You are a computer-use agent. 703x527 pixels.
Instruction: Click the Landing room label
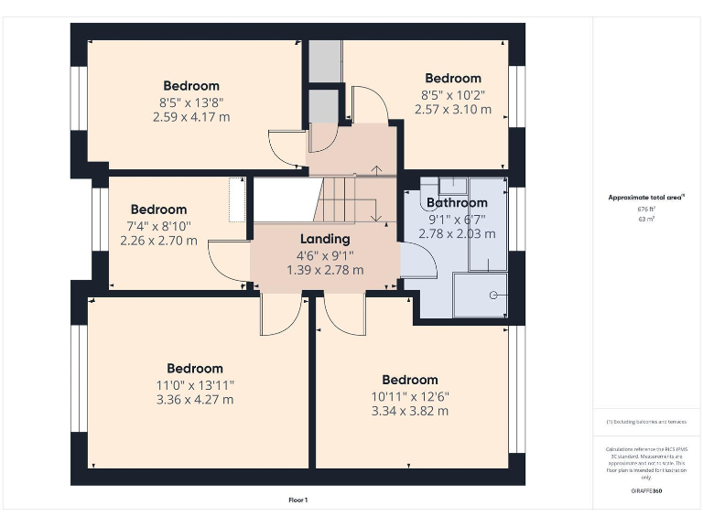325,239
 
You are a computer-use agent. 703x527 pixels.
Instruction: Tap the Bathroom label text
457,202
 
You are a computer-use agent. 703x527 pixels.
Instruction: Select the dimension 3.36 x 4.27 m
195,399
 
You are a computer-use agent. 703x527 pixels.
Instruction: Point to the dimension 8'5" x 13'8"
191,102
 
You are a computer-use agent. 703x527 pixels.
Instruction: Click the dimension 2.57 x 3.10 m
453,109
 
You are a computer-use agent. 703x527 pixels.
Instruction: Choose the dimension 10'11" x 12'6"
410,396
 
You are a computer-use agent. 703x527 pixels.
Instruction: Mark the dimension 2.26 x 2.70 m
158,241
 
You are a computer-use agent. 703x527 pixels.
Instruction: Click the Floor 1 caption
298,500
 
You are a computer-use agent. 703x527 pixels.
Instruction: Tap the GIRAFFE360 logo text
646,491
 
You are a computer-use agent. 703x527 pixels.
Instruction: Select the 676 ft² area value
646,209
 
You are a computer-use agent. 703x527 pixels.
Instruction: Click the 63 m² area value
646,220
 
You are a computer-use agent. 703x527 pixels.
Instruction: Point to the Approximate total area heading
646,197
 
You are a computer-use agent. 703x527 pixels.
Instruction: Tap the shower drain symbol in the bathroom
493,295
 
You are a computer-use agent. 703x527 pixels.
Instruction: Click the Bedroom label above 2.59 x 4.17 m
191,86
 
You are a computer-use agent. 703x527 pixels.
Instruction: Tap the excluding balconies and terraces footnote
646,422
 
